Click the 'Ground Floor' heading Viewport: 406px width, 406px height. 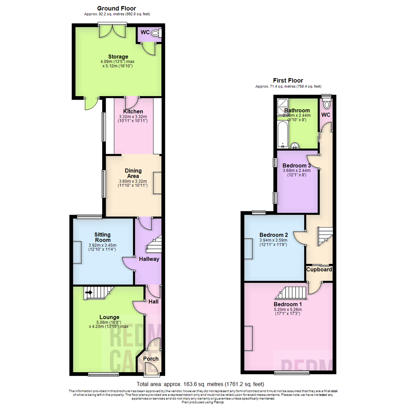(117, 8)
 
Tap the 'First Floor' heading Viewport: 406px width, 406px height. (288, 80)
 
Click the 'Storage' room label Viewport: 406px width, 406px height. (118, 57)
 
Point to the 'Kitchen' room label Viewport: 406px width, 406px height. (133, 112)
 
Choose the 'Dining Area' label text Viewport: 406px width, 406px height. (133, 173)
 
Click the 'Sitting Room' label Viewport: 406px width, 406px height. (103, 237)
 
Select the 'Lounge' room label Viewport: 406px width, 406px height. (109, 317)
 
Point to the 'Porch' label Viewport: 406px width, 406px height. (151, 359)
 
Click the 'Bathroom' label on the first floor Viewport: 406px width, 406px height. (297, 111)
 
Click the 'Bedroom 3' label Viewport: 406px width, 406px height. (297, 166)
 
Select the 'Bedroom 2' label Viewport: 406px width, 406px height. (273, 235)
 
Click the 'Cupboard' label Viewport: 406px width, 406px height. (319, 270)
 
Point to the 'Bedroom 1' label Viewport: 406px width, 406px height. (288, 304)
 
